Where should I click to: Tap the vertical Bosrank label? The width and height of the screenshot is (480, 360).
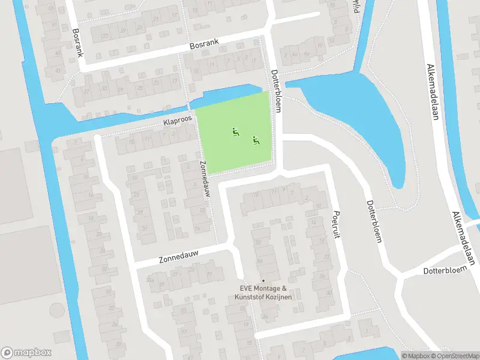point(76,43)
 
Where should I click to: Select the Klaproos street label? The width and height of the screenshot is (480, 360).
point(177,121)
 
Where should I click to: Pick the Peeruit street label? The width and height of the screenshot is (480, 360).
point(335,224)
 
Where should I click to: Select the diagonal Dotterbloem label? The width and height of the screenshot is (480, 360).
point(373,221)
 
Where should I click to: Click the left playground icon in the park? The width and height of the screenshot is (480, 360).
point(235,131)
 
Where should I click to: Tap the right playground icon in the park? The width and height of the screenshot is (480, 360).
point(256,140)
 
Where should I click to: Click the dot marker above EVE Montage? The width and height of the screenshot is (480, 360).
point(263,281)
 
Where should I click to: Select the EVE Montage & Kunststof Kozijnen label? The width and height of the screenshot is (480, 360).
point(263,293)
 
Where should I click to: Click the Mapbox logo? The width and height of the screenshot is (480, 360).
point(26,353)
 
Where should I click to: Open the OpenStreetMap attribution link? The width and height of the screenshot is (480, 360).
point(454,356)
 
